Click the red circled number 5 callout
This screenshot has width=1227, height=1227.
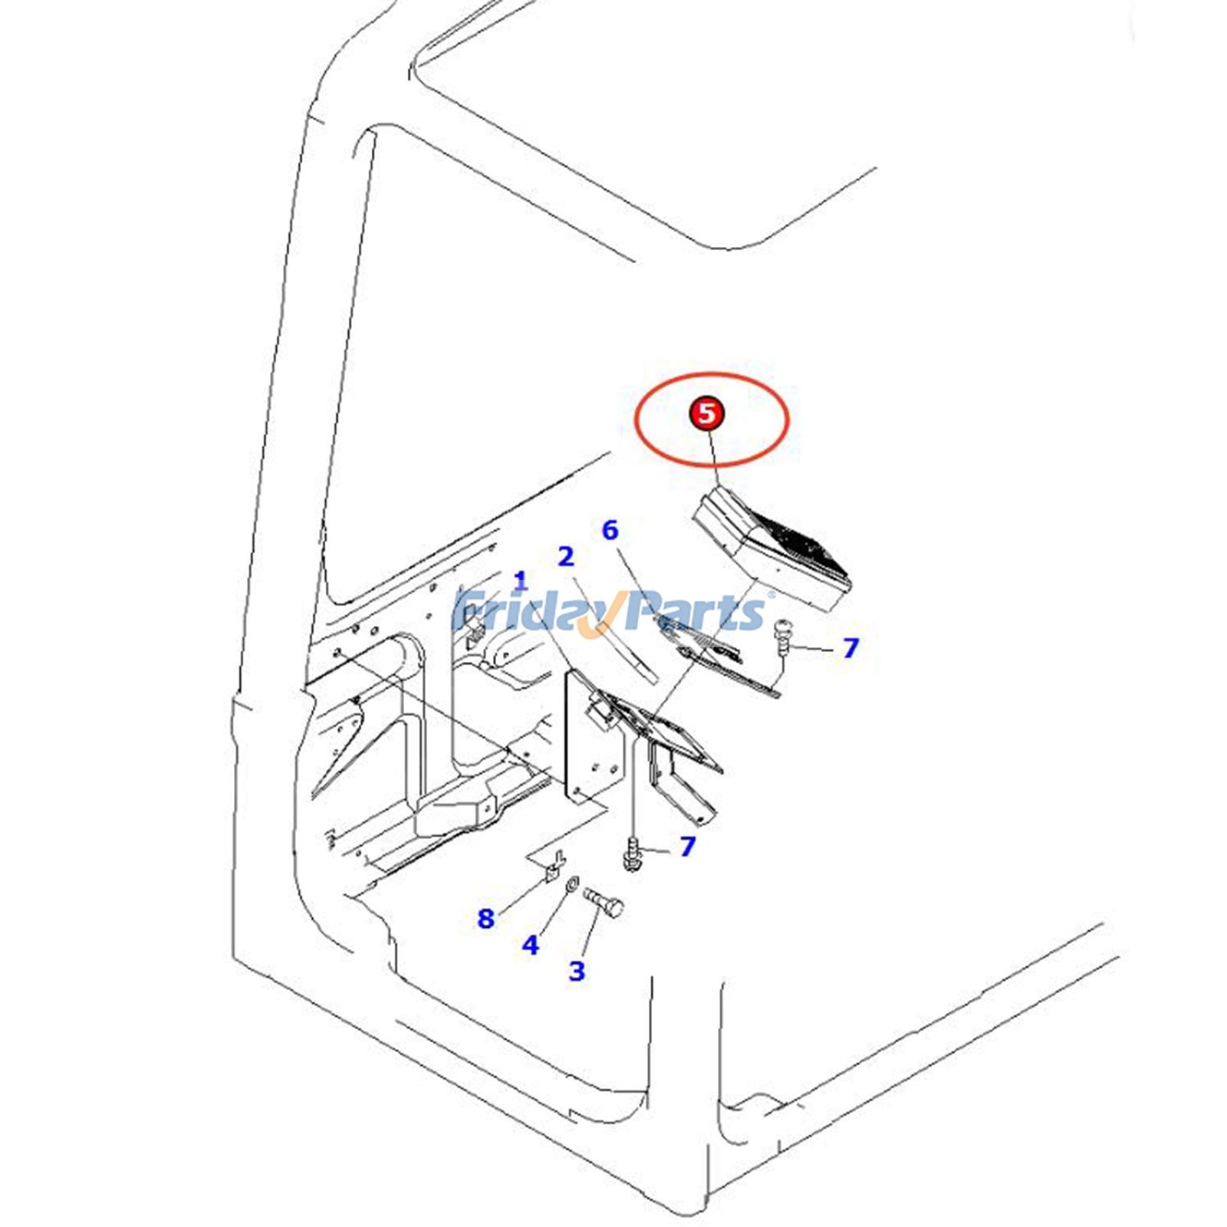[706, 413]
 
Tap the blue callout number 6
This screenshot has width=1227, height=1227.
[610, 530]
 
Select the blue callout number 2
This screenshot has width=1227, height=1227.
[566, 557]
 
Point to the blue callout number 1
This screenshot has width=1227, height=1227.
[521, 581]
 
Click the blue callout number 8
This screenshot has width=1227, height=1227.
[486, 918]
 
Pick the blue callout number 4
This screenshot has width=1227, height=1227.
[531, 945]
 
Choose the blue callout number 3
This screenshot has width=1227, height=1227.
[577, 971]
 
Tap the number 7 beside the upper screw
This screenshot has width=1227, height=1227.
[850, 648]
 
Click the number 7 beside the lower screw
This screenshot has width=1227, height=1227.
[687, 846]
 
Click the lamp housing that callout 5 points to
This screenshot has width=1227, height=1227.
[771, 548]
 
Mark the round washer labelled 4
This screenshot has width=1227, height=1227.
[571, 887]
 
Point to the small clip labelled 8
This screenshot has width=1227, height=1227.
[554, 867]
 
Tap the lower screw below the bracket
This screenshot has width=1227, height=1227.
[633, 854]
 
